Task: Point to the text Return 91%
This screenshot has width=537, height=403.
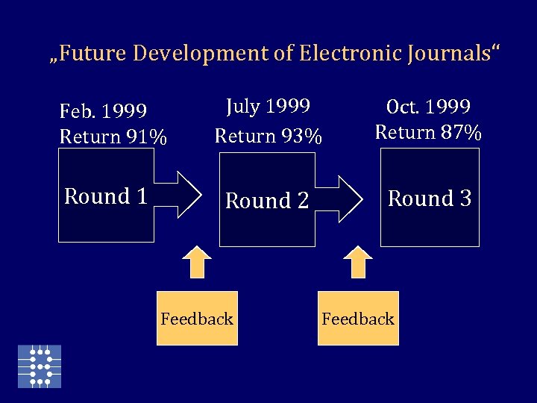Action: tap(113, 137)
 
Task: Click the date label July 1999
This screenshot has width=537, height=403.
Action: tap(268, 107)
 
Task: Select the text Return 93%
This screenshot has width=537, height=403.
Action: tap(268, 137)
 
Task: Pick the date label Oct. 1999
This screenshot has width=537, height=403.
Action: tap(429, 106)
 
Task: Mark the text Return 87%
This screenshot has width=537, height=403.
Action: tap(428, 132)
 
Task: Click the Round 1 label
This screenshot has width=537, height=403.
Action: tap(105, 196)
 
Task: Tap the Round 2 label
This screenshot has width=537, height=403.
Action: tap(267, 201)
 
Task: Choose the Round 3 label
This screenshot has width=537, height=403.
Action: tap(430, 199)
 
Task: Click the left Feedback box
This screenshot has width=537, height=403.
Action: tap(197, 319)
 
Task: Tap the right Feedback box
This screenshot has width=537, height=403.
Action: tap(358, 319)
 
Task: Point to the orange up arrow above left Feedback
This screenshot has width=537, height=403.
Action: tap(197, 262)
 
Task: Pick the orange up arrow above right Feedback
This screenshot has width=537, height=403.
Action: tap(358, 262)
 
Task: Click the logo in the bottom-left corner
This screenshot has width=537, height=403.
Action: tap(40, 366)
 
